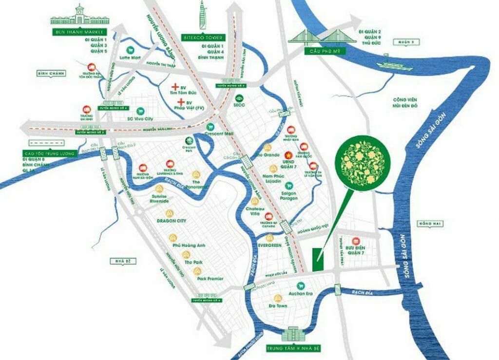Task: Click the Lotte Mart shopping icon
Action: tap(130, 50)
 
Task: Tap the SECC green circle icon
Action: tap(240, 97)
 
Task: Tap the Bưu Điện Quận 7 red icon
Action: tap(356, 241)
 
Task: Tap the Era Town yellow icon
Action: tap(278, 298)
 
